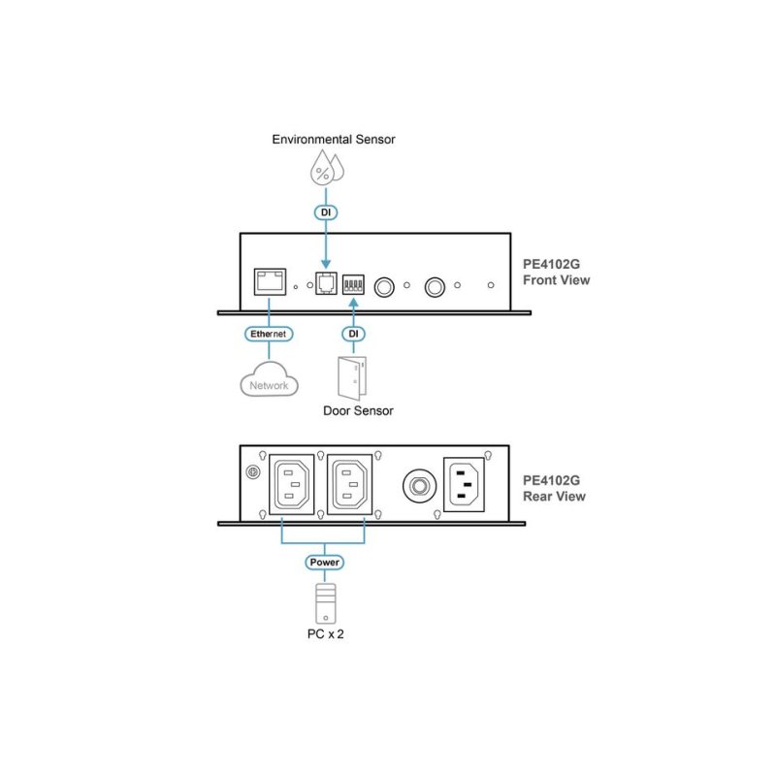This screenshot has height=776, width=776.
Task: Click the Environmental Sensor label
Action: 334,140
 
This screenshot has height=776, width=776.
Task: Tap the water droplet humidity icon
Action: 327,168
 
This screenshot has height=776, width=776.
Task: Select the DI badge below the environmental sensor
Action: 326,212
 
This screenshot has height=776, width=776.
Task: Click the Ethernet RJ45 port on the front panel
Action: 270,281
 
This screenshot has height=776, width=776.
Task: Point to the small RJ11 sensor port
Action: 326,283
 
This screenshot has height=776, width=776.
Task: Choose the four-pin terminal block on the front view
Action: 353,284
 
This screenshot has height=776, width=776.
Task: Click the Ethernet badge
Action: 269,334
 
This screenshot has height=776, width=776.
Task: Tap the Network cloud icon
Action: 269,379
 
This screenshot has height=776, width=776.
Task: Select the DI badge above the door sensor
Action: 353,334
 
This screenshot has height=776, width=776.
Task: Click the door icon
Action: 352,378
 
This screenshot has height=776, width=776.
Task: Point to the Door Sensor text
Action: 358,410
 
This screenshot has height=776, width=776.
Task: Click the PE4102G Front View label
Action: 556,273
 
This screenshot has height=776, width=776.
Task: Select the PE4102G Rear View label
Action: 554,488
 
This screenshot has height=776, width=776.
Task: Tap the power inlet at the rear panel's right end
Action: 464,484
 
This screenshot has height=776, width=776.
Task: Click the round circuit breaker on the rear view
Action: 420,486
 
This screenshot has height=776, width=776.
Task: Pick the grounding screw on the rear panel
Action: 253,472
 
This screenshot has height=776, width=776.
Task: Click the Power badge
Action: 324,563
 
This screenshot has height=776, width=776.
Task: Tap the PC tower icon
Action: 326,603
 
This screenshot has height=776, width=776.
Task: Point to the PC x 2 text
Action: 325,634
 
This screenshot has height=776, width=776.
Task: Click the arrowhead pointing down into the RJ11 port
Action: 326,264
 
